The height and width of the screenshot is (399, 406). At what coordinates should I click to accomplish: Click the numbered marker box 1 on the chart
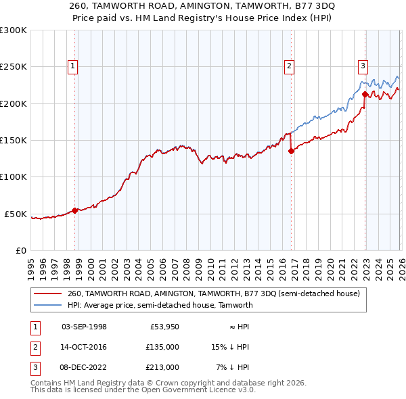(x=72, y=66)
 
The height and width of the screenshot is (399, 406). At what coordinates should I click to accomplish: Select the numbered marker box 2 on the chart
(x=289, y=66)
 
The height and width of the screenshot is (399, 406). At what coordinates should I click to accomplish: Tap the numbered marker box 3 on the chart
(x=363, y=66)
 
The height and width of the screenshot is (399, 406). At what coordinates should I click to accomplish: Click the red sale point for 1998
(x=74, y=210)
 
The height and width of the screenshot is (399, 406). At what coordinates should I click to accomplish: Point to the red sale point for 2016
(x=291, y=151)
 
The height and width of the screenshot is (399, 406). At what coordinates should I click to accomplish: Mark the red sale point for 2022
(x=365, y=94)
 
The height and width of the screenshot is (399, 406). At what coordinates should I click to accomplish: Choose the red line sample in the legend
(x=48, y=294)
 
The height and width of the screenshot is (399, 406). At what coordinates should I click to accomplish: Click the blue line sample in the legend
(x=48, y=305)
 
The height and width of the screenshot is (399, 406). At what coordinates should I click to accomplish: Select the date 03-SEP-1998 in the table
(x=84, y=327)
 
